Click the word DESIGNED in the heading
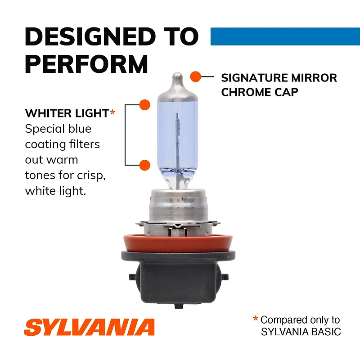(90, 36)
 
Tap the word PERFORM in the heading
(86, 63)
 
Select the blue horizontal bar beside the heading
(285, 36)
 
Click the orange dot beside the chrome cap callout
(196, 76)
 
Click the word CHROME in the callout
(243, 92)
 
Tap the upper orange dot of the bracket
(144, 105)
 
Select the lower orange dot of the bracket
(144, 165)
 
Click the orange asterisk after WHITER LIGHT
(112, 112)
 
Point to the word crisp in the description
(91, 176)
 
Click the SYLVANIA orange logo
(89, 327)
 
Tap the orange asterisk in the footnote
(256, 319)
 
